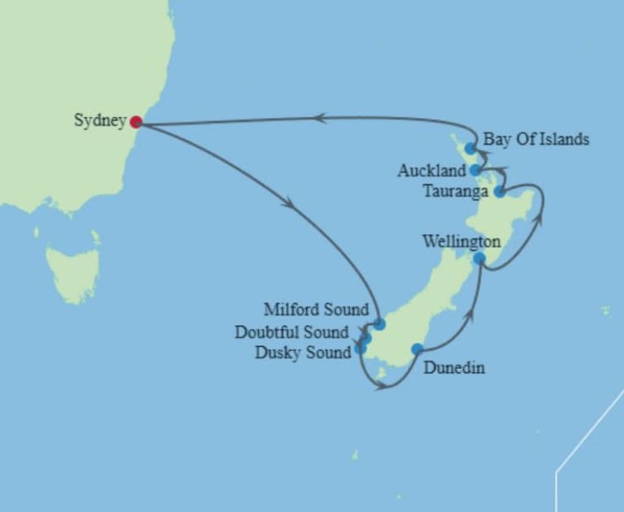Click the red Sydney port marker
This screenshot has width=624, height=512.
pyautogui.click(x=136, y=122)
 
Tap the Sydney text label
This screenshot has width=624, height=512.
pyautogui.click(x=99, y=121)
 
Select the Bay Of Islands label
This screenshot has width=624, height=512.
pyautogui.click(x=535, y=139)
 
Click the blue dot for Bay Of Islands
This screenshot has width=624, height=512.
pyautogui.click(x=470, y=149)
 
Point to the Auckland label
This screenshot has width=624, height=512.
pyautogui.click(x=431, y=171)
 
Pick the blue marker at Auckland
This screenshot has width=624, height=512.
pyautogui.click(x=475, y=170)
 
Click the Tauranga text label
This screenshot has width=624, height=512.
pyautogui.click(x=456, y=192)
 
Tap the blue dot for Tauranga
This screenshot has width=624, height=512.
pyautogui.click(x=499, y=192)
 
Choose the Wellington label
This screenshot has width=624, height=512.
pyautogui.click(x=461, y=241)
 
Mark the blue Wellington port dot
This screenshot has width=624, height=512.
pyautogui.click(x=480, y=258)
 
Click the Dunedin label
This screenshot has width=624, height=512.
pyautogui.click(x=454, y=368)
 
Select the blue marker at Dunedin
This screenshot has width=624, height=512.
pyautogui.click(x=417, y=349)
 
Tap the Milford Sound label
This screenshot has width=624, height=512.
pyautogui.click(x=316, y=310)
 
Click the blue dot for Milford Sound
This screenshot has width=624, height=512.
pyautogui.click(x=379, y=324)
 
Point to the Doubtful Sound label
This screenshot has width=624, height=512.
pyautogui.click(x=291, y=332)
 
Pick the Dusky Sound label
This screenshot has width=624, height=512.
pyautogui.click(x=303, y=352)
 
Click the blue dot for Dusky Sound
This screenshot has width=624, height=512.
pyautogui.click(x=360, y=349)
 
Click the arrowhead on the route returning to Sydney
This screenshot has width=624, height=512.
pyautogui.click(x=320, y=118)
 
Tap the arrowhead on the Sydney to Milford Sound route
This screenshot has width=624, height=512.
pyautogui.click(x=288, y=203)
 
